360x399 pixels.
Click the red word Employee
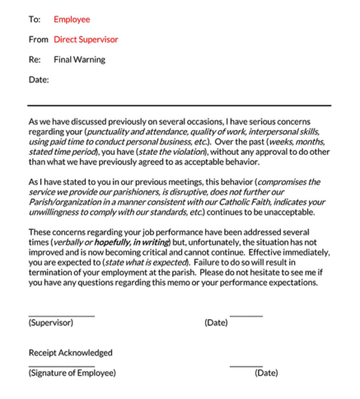coord(72,19)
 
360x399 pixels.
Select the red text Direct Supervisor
coord(86,39)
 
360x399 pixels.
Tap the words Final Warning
coord(79,59)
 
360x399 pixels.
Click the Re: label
coord(35,59)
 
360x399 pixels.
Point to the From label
coord(39,39)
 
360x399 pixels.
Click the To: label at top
coord(34,19)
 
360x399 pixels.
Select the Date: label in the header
coord(39,80)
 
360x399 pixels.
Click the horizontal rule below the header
coord(179,106)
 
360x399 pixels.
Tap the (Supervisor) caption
coord(51,322)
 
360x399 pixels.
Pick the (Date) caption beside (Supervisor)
coord(216,322)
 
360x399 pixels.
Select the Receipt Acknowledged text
coord(70,353)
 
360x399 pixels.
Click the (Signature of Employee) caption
coord(72,373)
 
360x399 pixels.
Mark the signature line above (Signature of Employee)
coord(61,366)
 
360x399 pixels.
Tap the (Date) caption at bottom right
coord(266,373)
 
